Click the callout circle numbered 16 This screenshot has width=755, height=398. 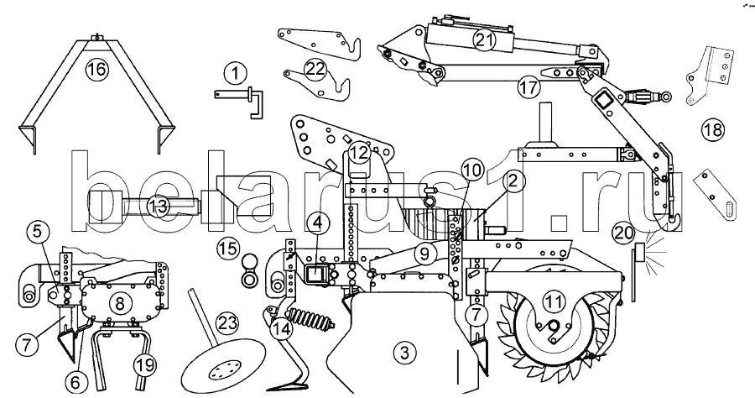coord(96,70)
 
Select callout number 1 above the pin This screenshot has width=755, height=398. coord(235,74)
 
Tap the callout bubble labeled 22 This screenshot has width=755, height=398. coord(316,69)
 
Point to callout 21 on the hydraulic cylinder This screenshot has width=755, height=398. coord(483,39)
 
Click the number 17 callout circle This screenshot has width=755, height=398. coord(528,87)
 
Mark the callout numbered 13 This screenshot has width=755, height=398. coord(158,207)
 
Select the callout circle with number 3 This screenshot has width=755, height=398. coord(404,353)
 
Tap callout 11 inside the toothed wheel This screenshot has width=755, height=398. coord(554,302)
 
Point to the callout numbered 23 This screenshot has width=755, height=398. coord(226,322)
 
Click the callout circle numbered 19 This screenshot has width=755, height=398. coord(145,364)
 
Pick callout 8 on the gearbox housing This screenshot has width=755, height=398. coord(119,303)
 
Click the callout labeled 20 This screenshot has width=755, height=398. coord(623,233)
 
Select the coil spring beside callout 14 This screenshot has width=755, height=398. coord(308,320)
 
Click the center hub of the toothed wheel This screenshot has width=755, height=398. coord(554,328)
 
